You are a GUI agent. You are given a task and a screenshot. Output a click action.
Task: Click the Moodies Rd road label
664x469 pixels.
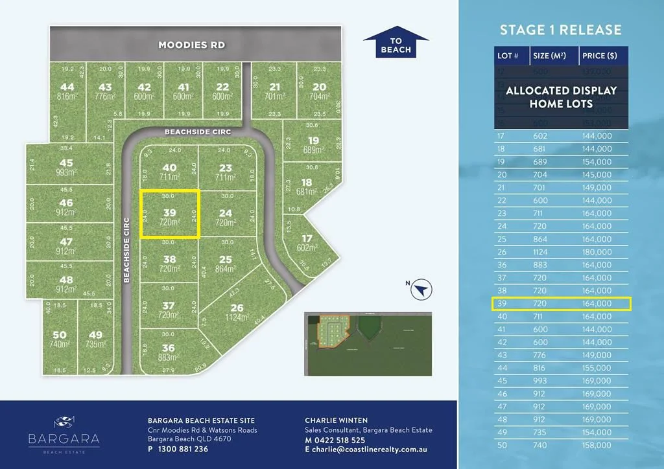[192, 45]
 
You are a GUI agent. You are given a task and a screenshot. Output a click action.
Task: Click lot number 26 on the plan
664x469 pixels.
[237, 308]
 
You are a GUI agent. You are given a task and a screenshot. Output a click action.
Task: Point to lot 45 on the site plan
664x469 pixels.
[66, 163]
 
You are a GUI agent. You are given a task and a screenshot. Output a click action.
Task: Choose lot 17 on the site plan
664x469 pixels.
[307, 238]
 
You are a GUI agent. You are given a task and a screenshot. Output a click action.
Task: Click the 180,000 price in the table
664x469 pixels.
[597, 252]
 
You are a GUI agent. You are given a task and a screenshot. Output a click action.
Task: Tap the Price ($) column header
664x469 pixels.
[597, 56]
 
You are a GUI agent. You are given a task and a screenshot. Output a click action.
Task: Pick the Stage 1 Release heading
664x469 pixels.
[560, 30]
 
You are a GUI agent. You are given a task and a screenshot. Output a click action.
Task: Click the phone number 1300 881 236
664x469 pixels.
[183, 449]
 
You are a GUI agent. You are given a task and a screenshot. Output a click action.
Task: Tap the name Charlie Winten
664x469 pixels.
[337, 420]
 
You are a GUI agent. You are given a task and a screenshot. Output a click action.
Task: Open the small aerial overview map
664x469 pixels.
[367, 344]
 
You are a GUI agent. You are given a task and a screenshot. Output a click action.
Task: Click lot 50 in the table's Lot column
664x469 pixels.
[502, 445]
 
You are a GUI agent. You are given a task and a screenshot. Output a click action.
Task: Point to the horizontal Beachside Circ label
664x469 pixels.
[198, 132]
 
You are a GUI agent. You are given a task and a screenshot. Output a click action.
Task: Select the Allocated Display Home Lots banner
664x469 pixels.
[561, 97]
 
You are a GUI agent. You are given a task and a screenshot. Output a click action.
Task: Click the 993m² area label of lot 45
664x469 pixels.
[66, 173]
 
